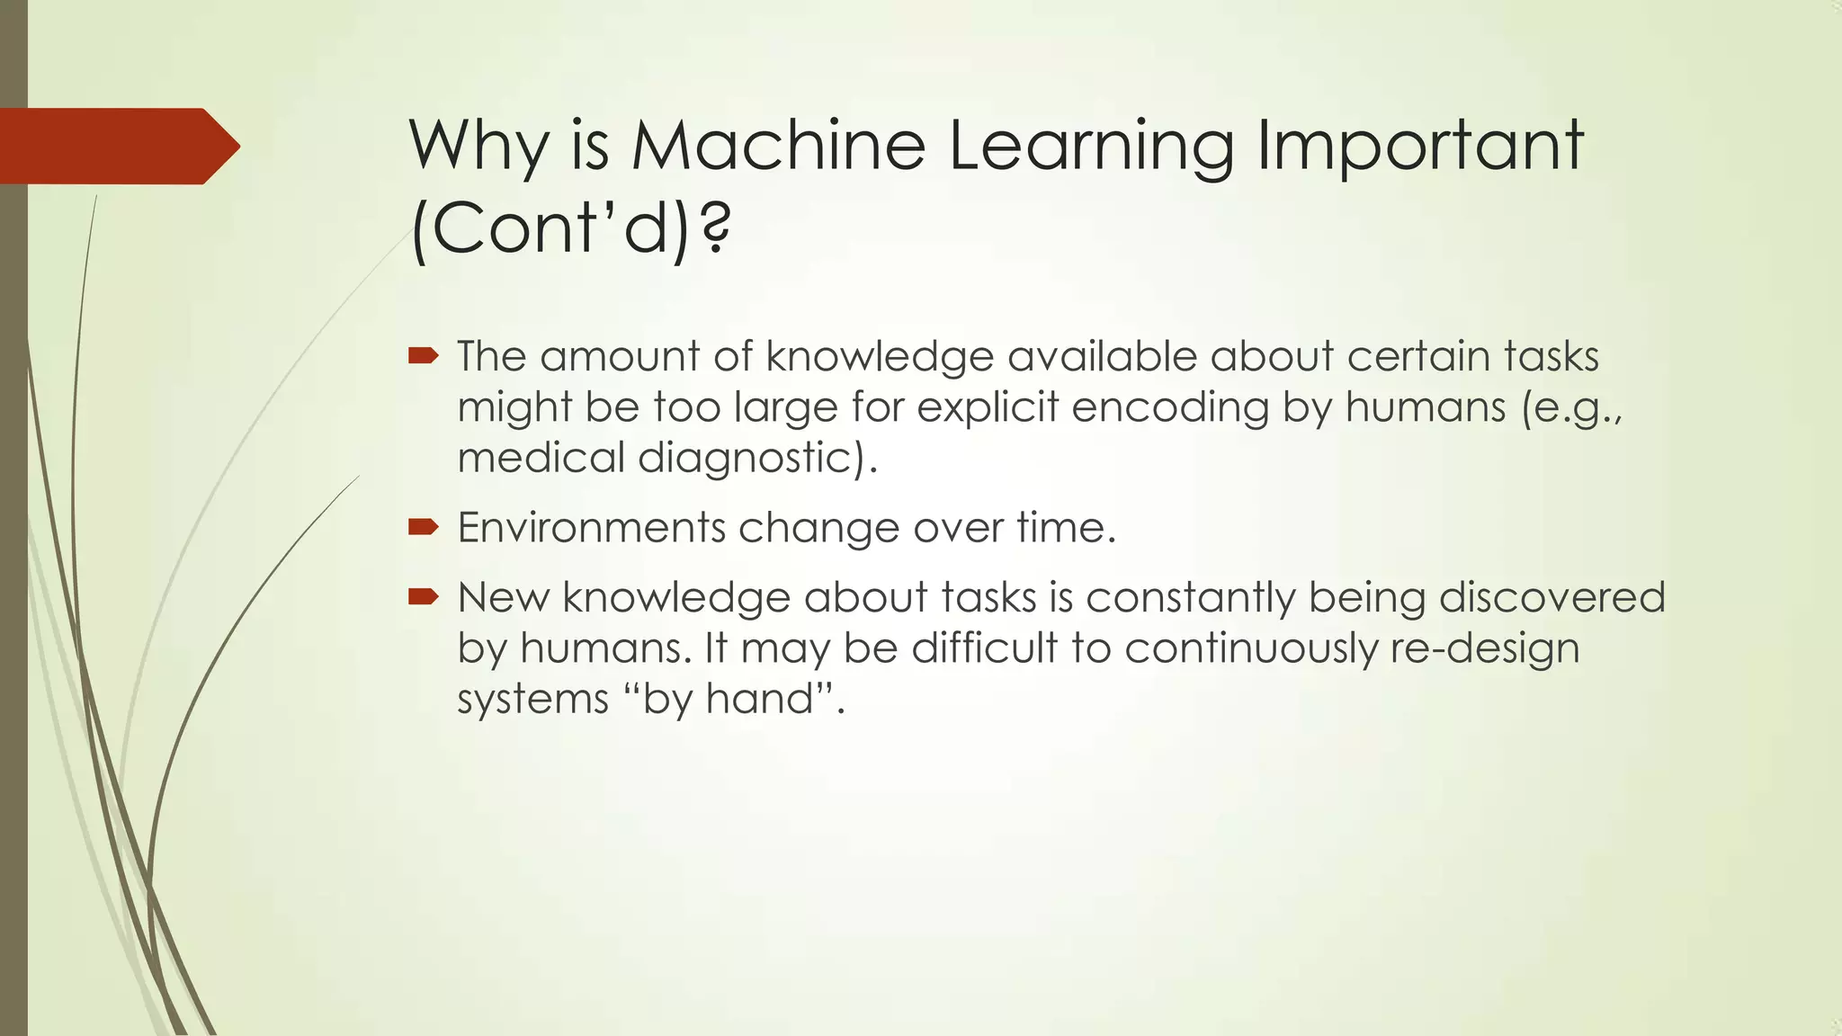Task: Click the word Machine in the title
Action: click(778, 146)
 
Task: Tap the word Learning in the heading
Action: click(1091, 146)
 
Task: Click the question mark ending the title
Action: click(715, 228)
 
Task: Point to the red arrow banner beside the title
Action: click(117, 146)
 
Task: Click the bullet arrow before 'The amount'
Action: click(423, 357)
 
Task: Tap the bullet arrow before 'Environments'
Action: click(423, 527)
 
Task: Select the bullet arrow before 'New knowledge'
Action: click(423, 596)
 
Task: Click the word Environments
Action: click(591, 527)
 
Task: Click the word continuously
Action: click(1250, 648)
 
